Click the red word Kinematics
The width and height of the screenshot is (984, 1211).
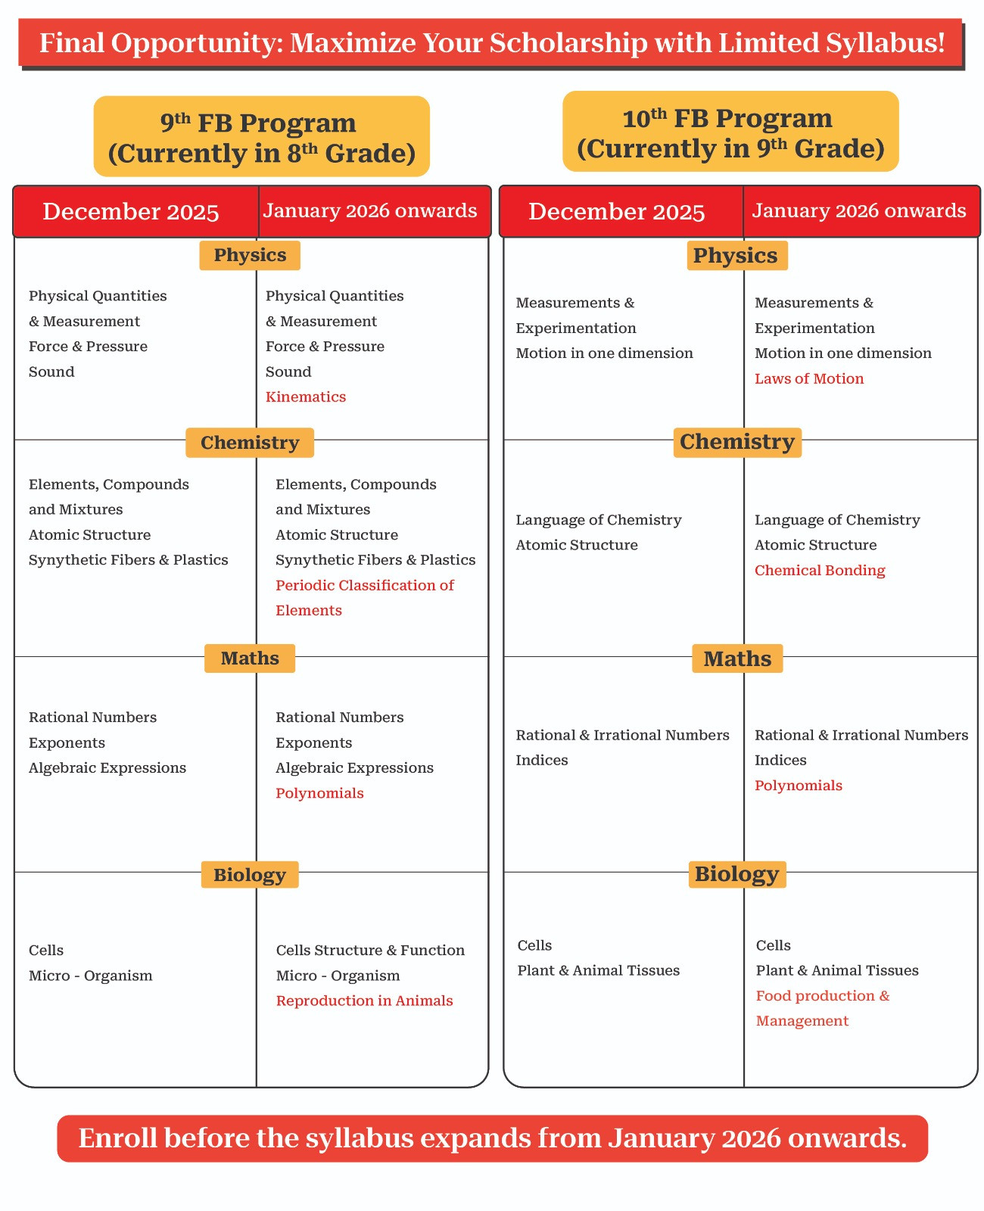click(305, 397)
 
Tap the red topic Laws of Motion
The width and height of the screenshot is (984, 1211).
click(808, 378)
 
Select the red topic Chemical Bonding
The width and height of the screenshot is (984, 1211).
click(819, 570)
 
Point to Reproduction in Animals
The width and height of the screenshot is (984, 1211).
click(364, 1001)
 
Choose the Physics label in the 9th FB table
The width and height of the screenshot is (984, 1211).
click(250, 255)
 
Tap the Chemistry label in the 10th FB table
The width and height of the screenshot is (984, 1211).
click(736, 442)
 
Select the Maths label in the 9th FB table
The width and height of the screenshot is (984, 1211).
click(250, 658)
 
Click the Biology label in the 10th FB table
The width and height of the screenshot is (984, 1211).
click(736, 874)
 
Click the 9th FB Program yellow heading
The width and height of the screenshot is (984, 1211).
click(261, 137)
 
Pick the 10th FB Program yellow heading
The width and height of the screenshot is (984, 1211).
click(730, 132)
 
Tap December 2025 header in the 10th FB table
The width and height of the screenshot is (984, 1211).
click(616, 211)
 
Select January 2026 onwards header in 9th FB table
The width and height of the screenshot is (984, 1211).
click(369, 210)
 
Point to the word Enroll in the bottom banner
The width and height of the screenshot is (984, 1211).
click(117, 1138)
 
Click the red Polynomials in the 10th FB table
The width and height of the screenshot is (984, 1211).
click(798, 786)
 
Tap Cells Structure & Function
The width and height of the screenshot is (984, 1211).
click(370, 950)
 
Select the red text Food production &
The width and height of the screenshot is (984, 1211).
click(822, 996)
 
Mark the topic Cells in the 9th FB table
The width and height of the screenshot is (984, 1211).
click(46, 950)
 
